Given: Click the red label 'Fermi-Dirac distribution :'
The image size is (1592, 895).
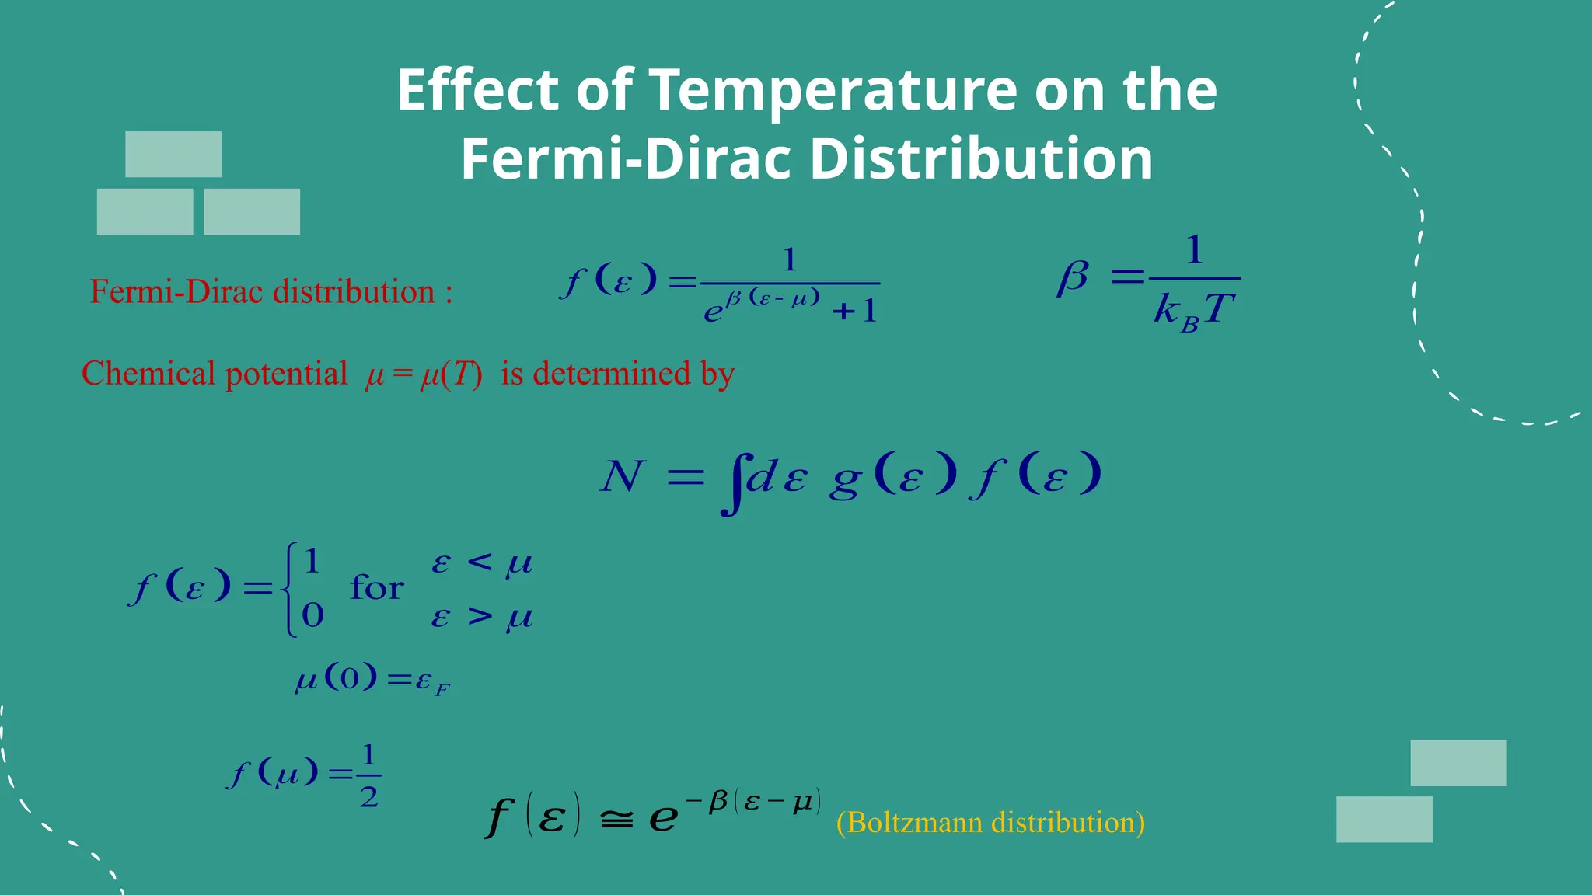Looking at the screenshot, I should coord(271,292).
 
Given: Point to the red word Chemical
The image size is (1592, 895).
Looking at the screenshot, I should coord(148,374).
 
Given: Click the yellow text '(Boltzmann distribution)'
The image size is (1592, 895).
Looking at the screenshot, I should coord(990,822).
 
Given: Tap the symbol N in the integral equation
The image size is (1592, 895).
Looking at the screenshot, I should coord(622,476).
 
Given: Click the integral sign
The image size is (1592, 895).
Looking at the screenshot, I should coord(731,483).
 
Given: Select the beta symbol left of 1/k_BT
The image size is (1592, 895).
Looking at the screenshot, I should coord(1073,277).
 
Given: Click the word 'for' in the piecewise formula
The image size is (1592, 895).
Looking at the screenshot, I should coord(376,588).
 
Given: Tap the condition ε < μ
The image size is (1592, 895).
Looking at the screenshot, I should coord(482,562).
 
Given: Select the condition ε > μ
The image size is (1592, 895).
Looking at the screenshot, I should coord(482,617).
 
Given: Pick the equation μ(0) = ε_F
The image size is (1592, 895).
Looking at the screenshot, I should coord(372,680).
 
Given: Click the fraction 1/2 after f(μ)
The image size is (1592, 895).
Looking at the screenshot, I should coord(368,775).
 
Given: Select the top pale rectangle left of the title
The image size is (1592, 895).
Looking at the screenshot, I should coord(173,154).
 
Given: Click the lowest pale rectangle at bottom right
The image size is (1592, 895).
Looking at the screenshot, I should coord(1384,819).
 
